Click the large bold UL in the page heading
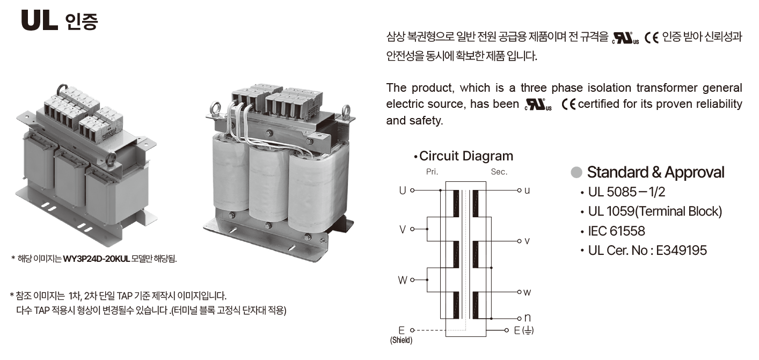coord(39,20)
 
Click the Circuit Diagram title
coord(466,156)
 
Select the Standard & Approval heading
coord(655,172)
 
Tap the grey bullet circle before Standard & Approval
coord(576,172)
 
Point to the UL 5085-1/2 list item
coord(626,192)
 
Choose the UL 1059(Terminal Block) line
coord(655,211)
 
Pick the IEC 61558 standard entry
coord(616,231)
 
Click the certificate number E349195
coord(681,250)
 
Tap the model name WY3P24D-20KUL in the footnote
coord(97,259)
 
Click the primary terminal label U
coord(402,190)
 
